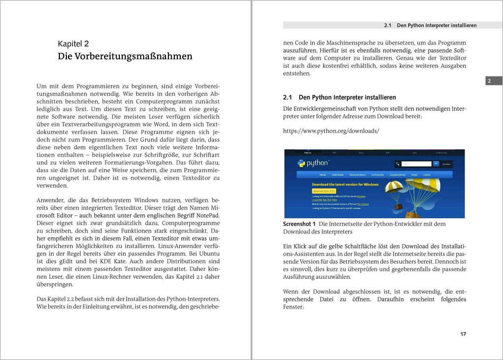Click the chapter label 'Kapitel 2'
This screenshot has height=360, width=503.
tap(73, 44)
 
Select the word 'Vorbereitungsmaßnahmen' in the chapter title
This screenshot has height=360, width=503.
tap(133, 56)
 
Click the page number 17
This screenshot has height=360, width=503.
tap(463, 334)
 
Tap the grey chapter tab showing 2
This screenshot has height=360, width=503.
tap(489, 81)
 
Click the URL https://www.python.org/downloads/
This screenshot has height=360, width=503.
tap(331, 131)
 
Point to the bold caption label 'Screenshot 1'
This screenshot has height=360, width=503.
tap(300, 224)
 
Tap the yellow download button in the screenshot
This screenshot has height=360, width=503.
tap(324, 191)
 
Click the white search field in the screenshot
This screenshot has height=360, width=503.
tap(416, 164)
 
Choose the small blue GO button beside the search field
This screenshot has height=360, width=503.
tap(436, 164)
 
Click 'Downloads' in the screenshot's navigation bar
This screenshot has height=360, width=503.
tap(337, 175)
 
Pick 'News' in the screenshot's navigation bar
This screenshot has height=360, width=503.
tap(414, 175)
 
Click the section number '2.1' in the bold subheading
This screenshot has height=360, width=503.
tap(288, 98)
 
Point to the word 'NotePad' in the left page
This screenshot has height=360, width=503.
tap(207, 215)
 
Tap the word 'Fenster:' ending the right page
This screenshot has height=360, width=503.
tap(294, 307)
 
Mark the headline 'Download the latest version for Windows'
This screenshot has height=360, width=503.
tap(344, 185)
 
